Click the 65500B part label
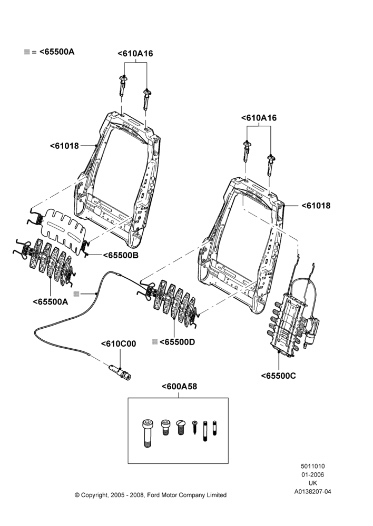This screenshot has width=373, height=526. pos(121,255)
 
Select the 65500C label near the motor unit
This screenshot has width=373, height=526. pos(279,376)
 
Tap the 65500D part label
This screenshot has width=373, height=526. pos(177,342)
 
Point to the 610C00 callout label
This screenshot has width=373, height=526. pos(119,344)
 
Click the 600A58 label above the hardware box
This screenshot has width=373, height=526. pos(180,387)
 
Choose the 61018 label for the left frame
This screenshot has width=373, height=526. pos(64,146)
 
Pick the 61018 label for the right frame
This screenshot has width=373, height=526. pos(316,206)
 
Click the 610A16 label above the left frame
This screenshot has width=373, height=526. pos(135,54)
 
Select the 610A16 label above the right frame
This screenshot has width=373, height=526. pos(259,118)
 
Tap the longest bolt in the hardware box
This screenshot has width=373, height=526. pos(147,433)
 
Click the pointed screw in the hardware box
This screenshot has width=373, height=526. pos(195,427)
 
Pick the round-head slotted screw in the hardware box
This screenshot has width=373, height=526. pos(181,427)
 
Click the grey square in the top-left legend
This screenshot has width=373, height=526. pos(27,52)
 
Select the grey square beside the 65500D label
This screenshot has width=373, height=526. pos(155,342)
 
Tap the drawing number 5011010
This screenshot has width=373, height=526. pos(312,466)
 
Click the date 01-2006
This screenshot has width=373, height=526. pos(312,474)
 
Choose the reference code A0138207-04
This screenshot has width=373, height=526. pos(312,492)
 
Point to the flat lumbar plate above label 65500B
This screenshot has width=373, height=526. pos(64,228)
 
